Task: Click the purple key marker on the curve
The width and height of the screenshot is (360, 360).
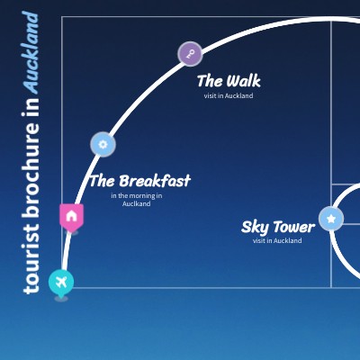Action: click(190, 54)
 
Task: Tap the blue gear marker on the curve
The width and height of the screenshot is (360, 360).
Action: click(103, 144)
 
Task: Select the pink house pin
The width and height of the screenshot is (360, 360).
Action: click(71, 217)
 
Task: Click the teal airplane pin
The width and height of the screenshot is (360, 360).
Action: click(61, 283)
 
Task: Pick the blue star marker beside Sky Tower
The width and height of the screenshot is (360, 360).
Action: click(331, 219)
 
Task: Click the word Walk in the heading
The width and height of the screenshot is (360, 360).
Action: click(243, 81)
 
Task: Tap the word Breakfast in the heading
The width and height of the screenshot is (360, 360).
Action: click(155, 181)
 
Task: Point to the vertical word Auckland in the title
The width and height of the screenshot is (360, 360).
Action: click(31, 52)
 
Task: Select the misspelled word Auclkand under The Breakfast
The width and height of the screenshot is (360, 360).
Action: click(137, 203)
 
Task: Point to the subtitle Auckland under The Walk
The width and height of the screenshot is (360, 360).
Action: click(238, 96)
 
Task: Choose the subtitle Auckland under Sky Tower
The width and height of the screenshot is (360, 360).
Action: click(287, 240)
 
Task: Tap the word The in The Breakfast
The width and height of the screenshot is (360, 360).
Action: click(103, 181)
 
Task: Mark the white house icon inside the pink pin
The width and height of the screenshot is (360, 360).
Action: click(71, 216)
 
